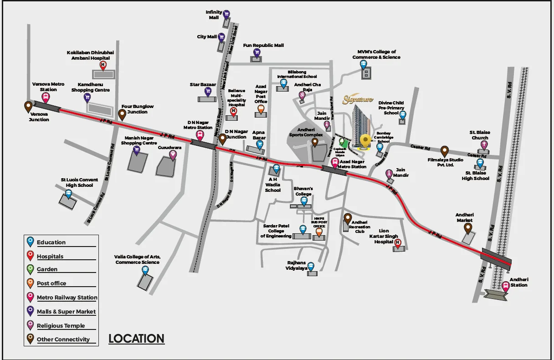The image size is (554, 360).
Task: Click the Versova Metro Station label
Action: pyautogui.click(x=48, y=87)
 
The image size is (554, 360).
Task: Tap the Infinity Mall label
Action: pyautogui.click(x=214, y=15)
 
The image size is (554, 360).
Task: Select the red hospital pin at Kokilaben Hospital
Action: pyautogui.click(x=103, y=66)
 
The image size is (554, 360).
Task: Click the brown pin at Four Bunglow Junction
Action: pyautogui.click(x=123, y=114)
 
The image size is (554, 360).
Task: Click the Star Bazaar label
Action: pyautogui.click(x=203, y=85)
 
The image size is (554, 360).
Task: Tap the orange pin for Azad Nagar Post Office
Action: pyautogui.click(x=261, y=110)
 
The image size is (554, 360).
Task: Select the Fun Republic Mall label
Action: pyautogui.click(x=263, y=46)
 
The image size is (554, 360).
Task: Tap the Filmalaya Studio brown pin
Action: pyautogui.click(x=445, y=151)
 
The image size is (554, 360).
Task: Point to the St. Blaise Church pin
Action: pyautogui.click(x=484, y=145)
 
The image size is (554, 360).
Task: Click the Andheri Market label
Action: pyautogui.click(x=465, y=217)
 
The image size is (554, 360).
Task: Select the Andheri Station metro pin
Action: pyautogui.click(x=505, y=286)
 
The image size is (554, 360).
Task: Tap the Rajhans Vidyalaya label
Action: pyautogui.click(x=297, y=266)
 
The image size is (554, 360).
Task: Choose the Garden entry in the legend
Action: pyautogui.click(x=47, y=269)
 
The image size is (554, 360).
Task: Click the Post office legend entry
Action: pyautogui.click(x=51, y=283)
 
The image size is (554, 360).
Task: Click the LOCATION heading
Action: pyautogui.click(x=136, y=339)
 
